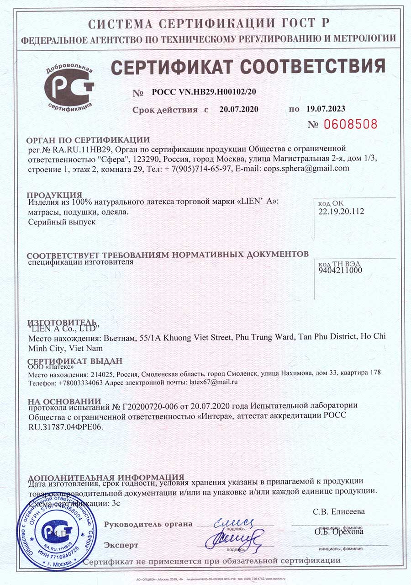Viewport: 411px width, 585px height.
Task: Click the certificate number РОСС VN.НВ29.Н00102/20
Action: [204, 92]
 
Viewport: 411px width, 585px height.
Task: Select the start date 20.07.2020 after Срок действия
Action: [239, 109]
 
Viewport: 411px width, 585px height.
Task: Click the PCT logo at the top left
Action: [69, 87]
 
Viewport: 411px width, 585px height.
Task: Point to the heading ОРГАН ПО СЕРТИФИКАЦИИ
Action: [88, 140]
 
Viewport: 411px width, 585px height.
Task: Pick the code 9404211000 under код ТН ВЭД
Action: [339, 270]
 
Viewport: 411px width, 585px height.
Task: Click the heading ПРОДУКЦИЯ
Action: [54, 195]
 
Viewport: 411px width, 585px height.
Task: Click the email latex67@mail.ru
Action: [213, 382]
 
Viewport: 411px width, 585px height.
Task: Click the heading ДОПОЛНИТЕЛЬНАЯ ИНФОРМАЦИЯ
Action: [105, 477]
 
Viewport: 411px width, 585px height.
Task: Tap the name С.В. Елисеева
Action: [339, 511]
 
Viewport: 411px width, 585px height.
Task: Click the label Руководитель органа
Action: [148, 525]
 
